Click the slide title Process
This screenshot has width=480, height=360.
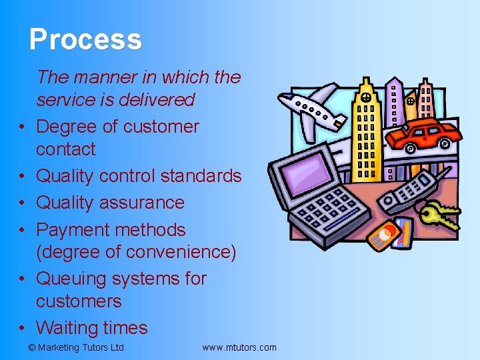(x=85, y=39)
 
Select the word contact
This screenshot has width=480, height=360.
(x=65, y=149)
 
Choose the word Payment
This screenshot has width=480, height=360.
(x=73, y=229)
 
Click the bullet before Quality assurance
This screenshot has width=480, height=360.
(x=23, y=203)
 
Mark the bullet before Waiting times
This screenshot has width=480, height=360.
(x=23, y=329)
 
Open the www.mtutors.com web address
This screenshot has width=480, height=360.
(x=239, y=347)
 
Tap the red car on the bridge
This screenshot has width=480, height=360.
(x=422, y=135)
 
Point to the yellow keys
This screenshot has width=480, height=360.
(x=441, y=215)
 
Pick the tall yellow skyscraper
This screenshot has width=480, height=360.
(x=365, y=133)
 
